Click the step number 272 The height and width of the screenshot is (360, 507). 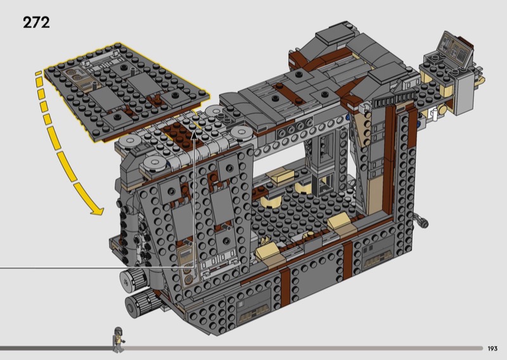tap(36, 23)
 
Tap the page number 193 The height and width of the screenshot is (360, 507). tap(492, 349)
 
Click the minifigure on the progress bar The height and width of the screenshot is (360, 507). tap(119, 340)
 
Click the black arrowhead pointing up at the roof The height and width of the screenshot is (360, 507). tap(194, 135)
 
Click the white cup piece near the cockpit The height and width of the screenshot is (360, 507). tap(435, 114)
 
